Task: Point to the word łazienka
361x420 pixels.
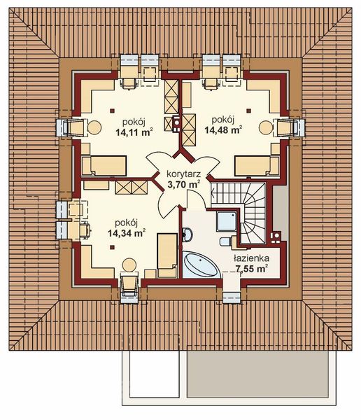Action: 252,257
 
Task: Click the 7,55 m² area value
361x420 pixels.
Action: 253,267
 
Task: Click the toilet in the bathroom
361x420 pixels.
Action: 225,241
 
